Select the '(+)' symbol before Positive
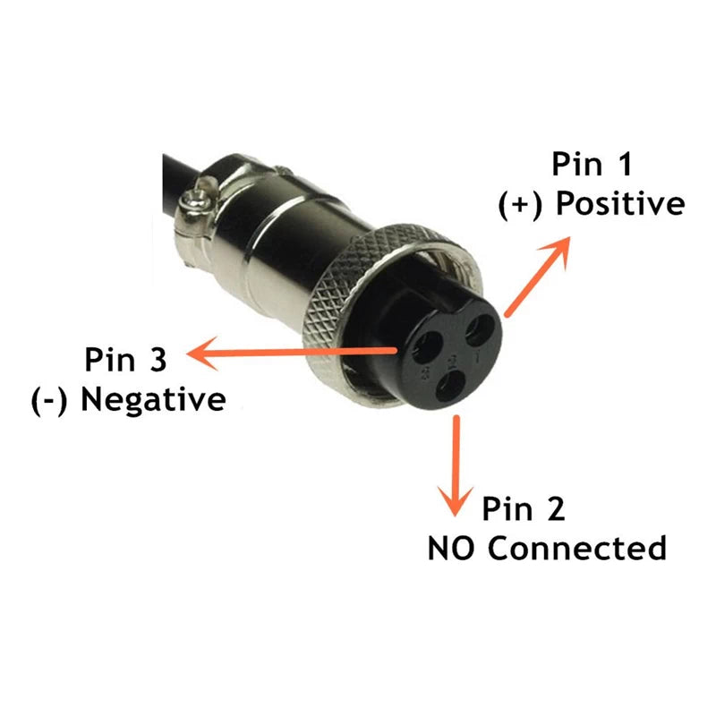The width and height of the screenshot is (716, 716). pos(522,204)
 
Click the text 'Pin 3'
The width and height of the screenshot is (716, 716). pos(126,360)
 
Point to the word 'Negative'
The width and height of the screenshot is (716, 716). pos(153,399)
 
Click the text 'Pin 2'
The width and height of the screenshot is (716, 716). pos(524,509)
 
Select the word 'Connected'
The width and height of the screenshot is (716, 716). pos(577,548)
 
